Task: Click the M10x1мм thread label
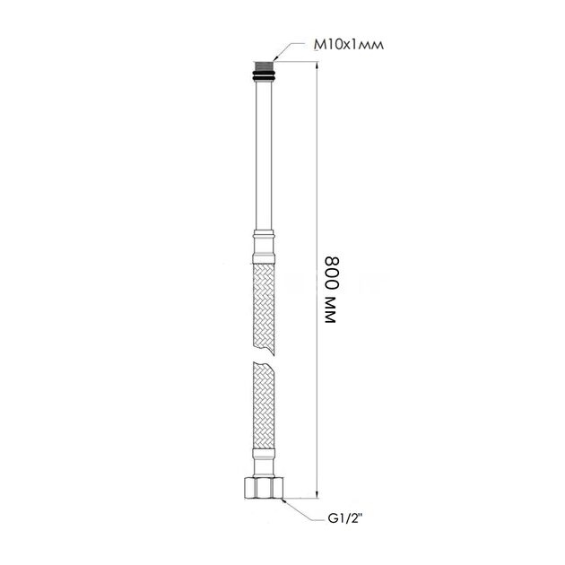[x=349, y=45]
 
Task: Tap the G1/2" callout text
[x=345, y=519]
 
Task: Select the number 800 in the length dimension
[x=333, y=274]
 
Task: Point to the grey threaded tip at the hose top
[x=264, y=66]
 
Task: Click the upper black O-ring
[x=264, y=74]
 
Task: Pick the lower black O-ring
[x=264, y=78]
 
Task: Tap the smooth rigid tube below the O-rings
[x=264, y=155]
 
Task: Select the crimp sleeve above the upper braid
[x=264, y=247]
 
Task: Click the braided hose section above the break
[x=264, y=309]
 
